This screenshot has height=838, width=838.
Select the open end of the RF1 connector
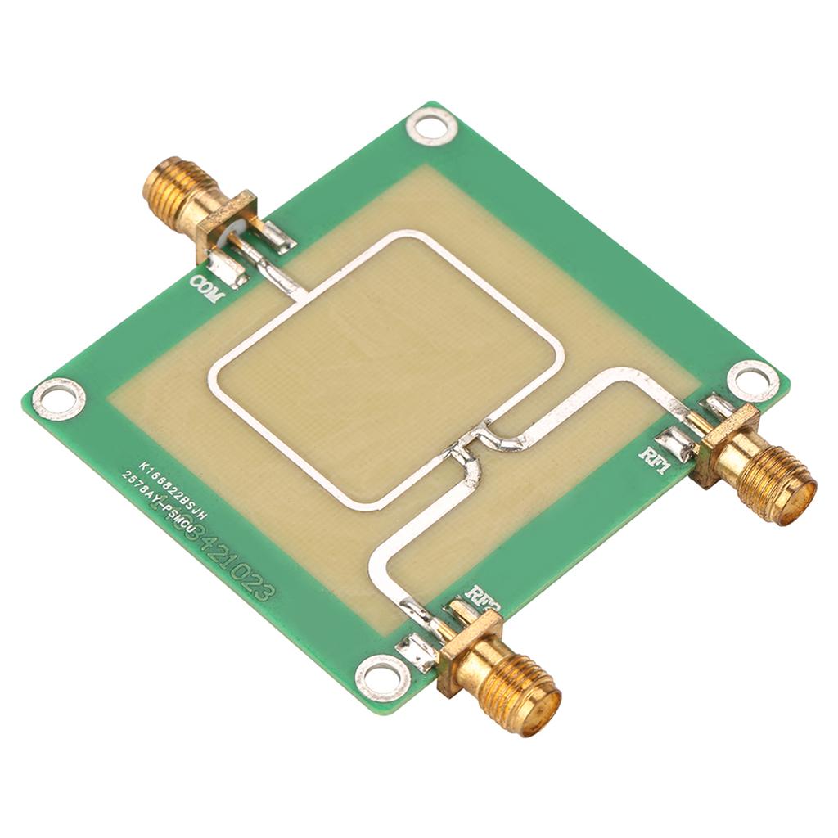click(x=796, y=497)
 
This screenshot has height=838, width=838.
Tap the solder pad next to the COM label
click(x=228, y=270)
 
